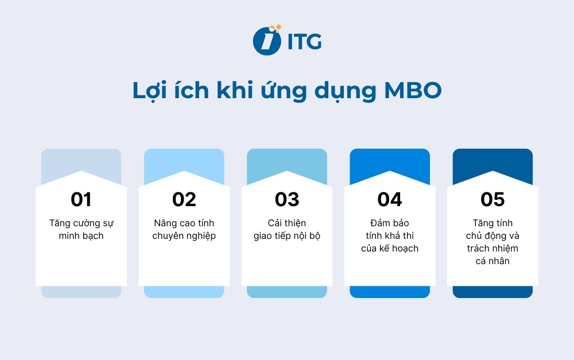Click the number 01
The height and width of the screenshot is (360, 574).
click(x=81, y=199)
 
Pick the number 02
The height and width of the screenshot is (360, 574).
click(x=184, y=199)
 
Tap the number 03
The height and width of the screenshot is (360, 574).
click(x=287, y=199)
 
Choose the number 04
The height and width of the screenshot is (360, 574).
click(x=390, y=199)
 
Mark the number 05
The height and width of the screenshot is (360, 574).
click(x=492, y=199)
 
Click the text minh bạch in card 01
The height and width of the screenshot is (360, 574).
click(x=81, y=236)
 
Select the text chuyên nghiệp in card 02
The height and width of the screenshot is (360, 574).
click(x=184, y=236)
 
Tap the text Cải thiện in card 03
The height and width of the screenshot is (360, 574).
click(x=287, y=223)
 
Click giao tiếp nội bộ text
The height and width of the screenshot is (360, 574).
click(x=287, y=236)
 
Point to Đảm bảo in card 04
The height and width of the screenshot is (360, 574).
click(x=390, y=223)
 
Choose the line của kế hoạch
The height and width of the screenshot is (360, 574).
click(x=390, y=249)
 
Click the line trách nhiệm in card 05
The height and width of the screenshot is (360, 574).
click(x=492, y=249)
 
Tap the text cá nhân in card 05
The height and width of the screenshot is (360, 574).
click(x=492, y=261)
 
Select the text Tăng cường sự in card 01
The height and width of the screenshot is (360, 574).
click(x=81, y=223)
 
